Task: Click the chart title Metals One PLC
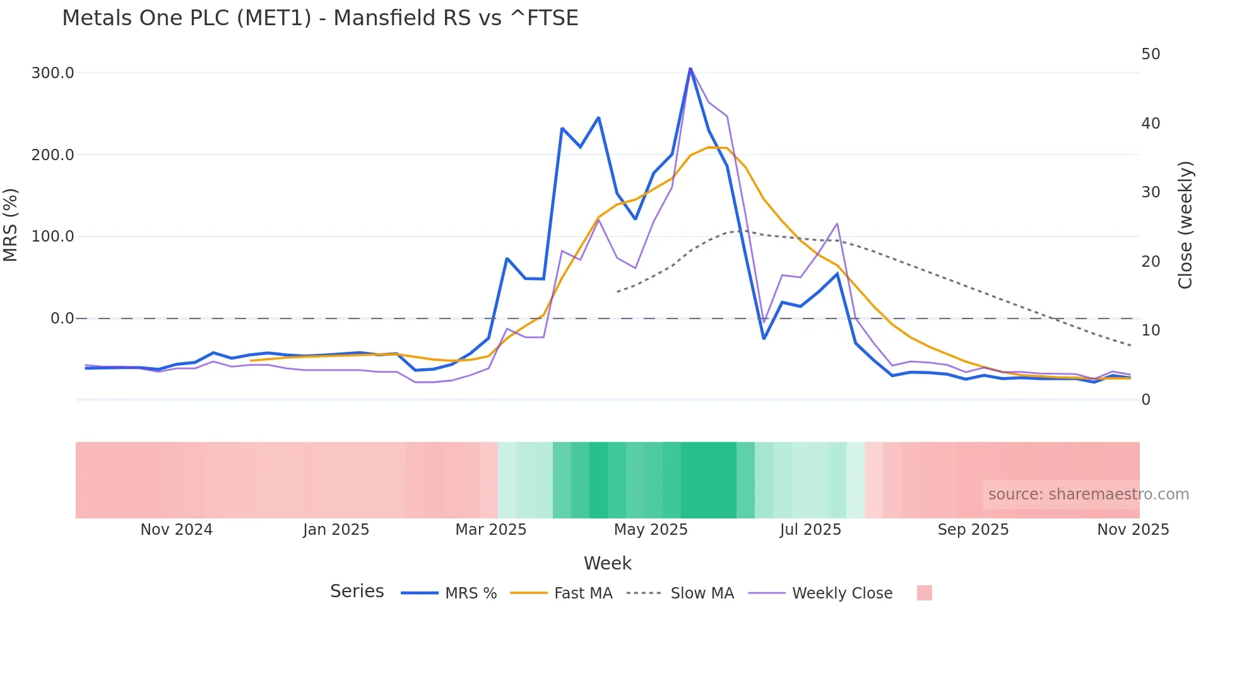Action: [x=320, y=18]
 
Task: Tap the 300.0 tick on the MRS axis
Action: [x=52, y=73]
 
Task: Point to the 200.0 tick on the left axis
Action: [x=52, y=155]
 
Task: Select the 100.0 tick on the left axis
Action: [x=52, y=237]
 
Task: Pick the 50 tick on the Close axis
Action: [x=1151, y=54]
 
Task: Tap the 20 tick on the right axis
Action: [x=1151, y=261]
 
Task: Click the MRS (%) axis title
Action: [x=11, y=225]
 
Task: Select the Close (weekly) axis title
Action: [x=1185, y=225]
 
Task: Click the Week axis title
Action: [x=607, y=563]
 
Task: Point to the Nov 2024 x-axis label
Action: [x=176, y=530]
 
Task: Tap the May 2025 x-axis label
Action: [x=651, y=530]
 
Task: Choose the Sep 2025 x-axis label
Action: [x=973, y=530]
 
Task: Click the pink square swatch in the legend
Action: [x=924, y=593]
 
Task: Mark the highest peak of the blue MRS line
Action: [x=690, y=68]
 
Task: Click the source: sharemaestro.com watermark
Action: [x=1088, y=494]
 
